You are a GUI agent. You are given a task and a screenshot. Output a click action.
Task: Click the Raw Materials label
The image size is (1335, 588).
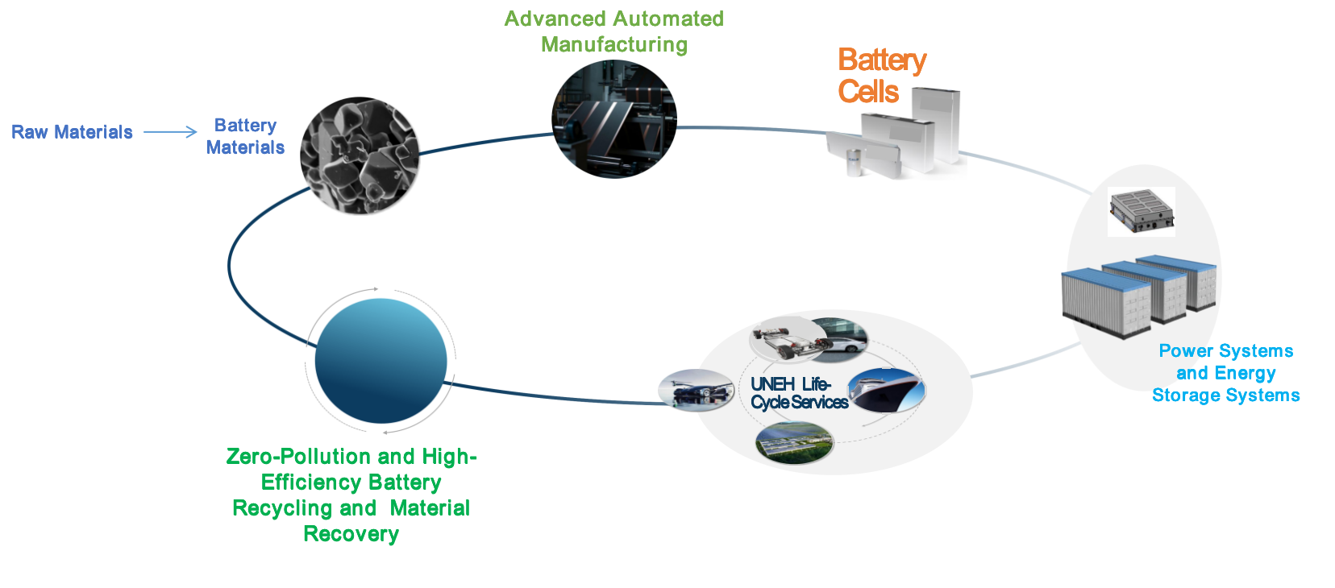tap(72, 132)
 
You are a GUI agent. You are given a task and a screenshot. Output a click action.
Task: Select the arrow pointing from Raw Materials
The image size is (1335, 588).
tap(170, 132)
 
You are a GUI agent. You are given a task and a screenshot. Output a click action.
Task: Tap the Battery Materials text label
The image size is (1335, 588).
tap(245, 136)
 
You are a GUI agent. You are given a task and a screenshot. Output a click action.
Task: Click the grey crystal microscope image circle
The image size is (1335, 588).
tap(360, 156)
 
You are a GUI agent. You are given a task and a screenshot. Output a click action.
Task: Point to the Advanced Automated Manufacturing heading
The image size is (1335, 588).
tap(613, 31)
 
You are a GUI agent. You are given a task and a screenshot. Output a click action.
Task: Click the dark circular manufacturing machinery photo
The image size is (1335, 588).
tap(614, 119)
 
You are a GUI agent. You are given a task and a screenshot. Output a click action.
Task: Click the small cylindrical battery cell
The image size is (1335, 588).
tap(854, 162)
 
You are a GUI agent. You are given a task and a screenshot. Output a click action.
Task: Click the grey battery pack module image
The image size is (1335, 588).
tap(1141, 211)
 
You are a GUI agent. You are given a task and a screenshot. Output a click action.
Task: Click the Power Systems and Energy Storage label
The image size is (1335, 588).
tap(1225, 373)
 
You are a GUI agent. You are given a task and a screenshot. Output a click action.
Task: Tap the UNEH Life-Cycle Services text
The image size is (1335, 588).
tap(797, 393)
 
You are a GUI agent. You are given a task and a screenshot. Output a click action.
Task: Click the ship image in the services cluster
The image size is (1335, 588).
tap(887, 390)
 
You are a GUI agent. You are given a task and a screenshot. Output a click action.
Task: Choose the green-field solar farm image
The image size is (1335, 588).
tap(794, 443)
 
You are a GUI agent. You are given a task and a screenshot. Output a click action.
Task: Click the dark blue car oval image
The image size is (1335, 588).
tap(696, 391)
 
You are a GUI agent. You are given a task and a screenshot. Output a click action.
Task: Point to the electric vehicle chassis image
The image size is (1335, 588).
tap(787, 338)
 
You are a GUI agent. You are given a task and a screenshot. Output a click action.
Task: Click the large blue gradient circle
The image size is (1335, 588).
tap(381, 361)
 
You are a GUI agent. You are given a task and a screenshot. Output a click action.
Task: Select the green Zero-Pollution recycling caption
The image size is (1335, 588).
tap(351, 495)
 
